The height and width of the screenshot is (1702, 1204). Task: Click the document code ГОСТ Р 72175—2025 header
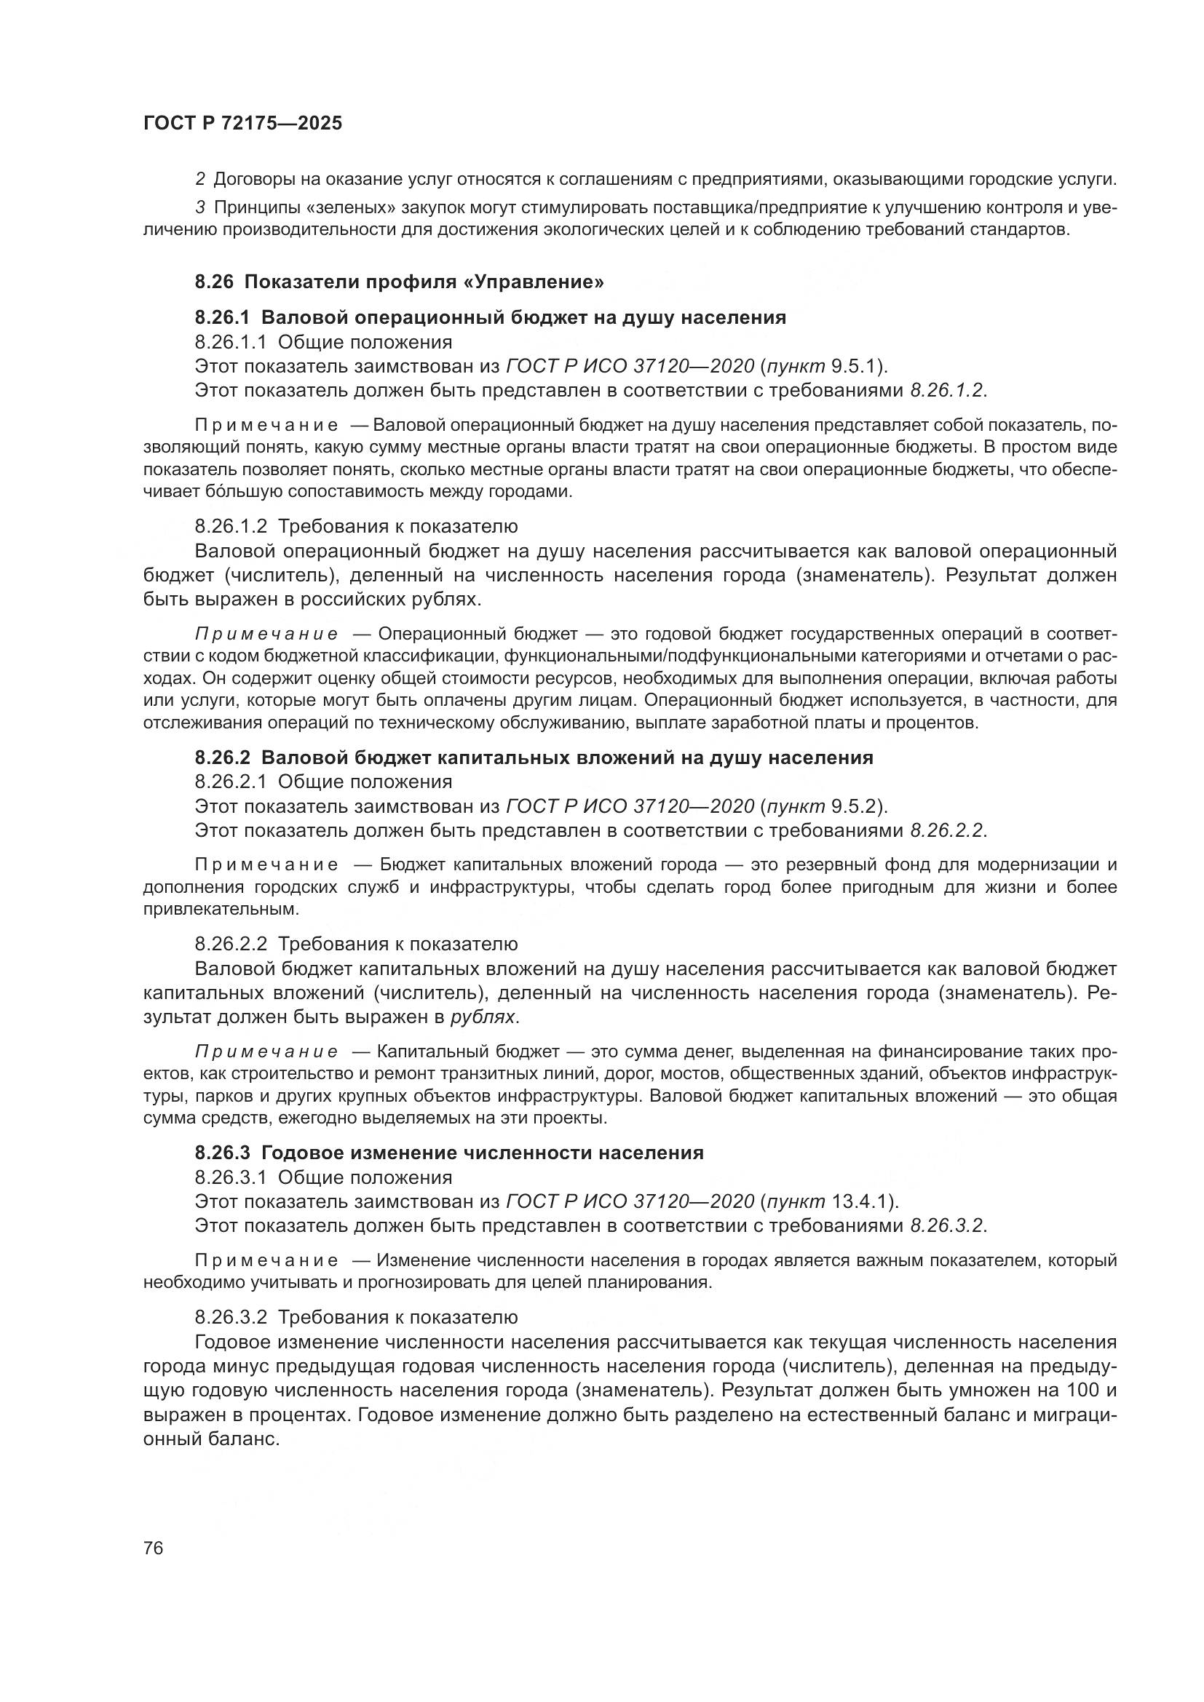pos(242,124)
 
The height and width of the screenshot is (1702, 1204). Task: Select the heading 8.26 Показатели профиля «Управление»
pos(400,282)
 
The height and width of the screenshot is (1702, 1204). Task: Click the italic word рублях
pos(483,1017)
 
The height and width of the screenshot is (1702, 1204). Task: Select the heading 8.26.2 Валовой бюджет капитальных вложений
pos(534,757)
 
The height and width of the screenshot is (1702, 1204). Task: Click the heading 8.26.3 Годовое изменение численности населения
pos(449,1153)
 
